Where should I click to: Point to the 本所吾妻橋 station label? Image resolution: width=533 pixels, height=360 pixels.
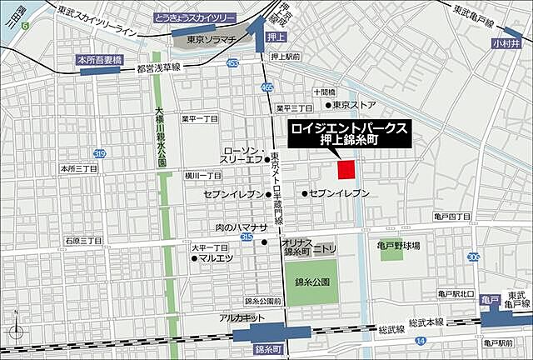tap(99, 60)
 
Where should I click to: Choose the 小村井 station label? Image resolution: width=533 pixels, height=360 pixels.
tap(506, 42)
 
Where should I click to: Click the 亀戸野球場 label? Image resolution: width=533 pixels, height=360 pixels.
tap(397, 246)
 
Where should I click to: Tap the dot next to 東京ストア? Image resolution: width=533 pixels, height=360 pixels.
tap(329, 105)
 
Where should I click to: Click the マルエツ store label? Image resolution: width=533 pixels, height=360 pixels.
tap(214, 258)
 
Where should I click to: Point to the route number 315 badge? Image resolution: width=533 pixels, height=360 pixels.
tap(247, 237)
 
